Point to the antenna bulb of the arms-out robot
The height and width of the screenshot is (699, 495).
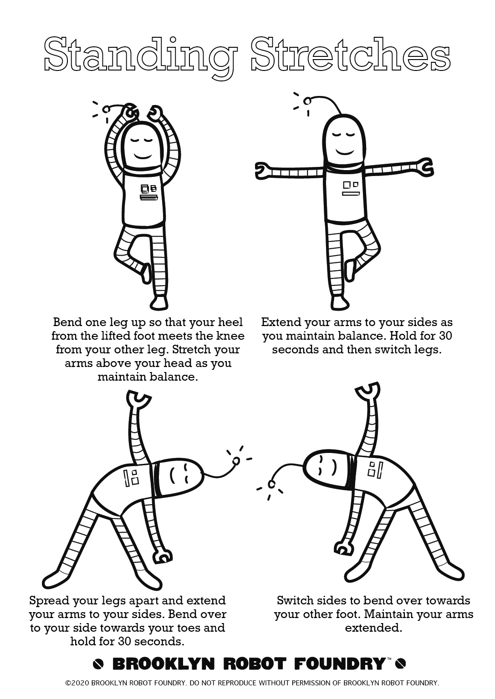(x=307, y=101)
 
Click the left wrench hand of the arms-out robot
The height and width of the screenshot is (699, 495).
(x=263, y=170)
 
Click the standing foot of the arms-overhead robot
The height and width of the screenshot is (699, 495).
(x=159, y=302)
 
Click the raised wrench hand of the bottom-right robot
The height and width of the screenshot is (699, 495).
(x=367, y=392)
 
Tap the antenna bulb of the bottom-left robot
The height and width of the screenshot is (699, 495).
(x=236, y=461)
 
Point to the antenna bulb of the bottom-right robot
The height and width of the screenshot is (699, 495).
(x=271, y=484)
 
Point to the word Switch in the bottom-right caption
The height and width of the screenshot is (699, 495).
(x=296, y=600)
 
